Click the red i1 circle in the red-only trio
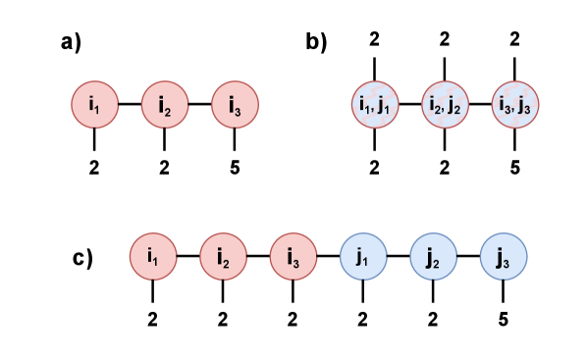pos(94,103)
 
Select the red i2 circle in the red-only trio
pos(165,103)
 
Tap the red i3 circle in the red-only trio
pos(236,103)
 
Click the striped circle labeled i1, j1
pos(375,104)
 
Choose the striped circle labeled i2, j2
pos(446,104)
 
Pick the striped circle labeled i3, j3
pos(515,104)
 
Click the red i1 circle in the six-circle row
pos(153,256)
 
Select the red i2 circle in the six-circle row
pos(224,256)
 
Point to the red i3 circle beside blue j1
pos(293,256)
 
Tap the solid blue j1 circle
pos(363,256)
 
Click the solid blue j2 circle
pos(434,256)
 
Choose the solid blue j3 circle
pos(504,256)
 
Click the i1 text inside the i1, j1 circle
pos(364,104)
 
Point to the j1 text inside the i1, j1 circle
pos(384,105)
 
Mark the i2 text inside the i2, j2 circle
pos(435,104)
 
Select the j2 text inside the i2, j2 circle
pos(454,105)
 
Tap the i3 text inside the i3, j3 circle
pos(505,104)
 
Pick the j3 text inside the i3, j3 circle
pos(524,105)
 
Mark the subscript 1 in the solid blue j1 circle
pos(366,261)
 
